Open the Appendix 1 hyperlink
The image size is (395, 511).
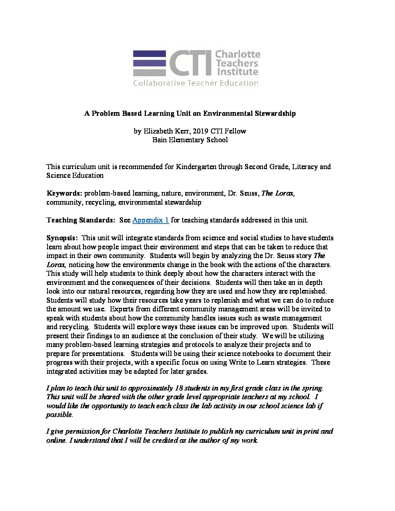point(150,220)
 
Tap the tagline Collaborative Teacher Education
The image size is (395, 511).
point(195,83)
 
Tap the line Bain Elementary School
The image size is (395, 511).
point(190,140)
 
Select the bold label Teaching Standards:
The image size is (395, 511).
point(81,220)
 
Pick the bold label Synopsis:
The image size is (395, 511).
point(62,238)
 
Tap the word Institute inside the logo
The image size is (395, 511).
point(237,71)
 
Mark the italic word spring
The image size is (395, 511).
point(312,388)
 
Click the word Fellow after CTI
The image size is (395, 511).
point(235,131)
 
